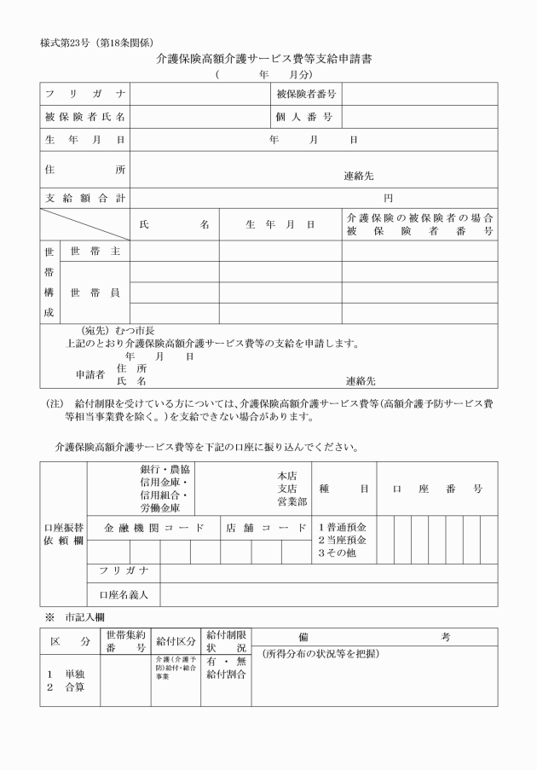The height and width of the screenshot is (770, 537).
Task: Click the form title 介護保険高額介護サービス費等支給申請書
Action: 269,60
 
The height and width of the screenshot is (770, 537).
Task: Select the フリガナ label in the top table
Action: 85,93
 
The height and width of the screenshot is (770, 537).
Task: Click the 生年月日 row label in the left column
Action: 85,139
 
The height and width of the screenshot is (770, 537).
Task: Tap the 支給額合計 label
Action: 85,199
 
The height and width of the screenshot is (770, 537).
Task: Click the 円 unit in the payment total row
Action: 388,199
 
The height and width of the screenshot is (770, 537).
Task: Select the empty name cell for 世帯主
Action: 175,251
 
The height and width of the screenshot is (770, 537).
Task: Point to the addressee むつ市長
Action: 129,331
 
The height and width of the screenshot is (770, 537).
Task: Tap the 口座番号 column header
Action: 437,489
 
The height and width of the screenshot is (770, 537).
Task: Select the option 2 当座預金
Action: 342,541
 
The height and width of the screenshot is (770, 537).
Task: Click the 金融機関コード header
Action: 154,528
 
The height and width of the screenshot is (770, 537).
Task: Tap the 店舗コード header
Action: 264,528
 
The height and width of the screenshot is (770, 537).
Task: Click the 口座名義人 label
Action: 124,593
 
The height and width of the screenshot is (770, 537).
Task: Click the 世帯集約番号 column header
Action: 125,641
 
